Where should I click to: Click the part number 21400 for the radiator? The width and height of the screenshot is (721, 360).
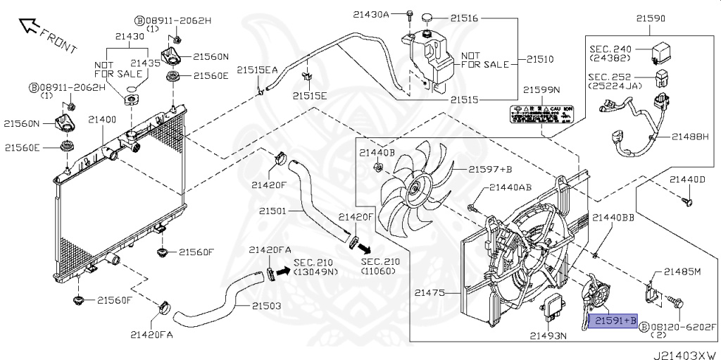click(x=102, y=120)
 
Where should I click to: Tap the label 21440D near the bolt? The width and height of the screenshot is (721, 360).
click(x=687, y=179)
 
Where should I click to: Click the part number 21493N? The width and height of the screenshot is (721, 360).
click(x=548, y=335)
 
